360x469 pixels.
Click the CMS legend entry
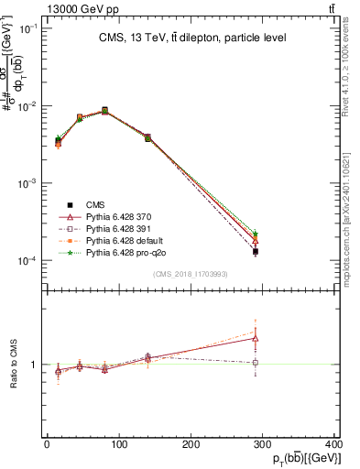tap(95, 205)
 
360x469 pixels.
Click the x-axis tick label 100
tap(118, 444)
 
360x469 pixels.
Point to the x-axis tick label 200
tap(191, 444)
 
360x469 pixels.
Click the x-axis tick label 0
tap(47, 444)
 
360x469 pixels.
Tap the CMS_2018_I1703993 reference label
tap(189, 275)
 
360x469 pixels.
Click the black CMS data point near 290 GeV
tap(256, 251)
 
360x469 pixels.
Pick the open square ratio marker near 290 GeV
tap(256, 363)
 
